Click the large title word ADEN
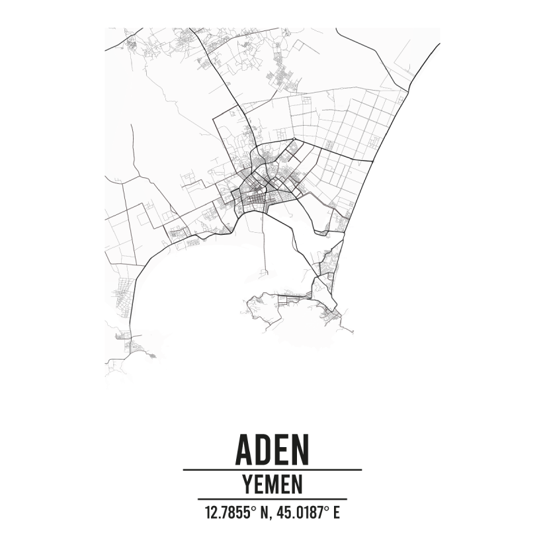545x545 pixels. [x=272, y=449]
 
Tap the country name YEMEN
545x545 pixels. [x=272, y=484]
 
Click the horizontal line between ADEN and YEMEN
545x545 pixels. [x=272, y=470]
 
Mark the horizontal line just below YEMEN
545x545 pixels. [x=272, y=499]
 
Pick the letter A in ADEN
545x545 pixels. [x=243, y=449]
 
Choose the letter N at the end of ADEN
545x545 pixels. [x=300, y=449]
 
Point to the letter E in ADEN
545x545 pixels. [x=282, y=449]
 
